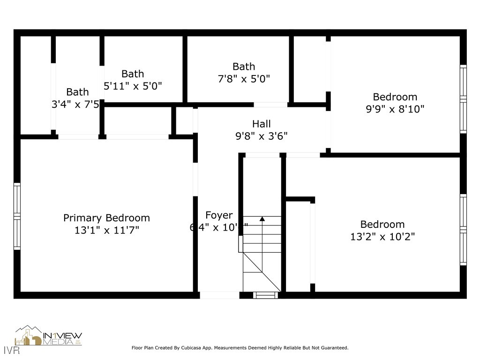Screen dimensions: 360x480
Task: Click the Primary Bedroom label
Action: [x=106, y=218]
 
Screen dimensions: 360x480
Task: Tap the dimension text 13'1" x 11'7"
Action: [x=106, y=230]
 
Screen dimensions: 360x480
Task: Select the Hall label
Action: [x=261, y=124]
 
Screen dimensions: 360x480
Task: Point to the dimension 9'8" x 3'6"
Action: [x=261, y=136]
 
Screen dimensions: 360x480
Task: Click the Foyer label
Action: [x=219, y=215]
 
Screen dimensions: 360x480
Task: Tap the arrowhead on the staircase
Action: [x=262, y=218]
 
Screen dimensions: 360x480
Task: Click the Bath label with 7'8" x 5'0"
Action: [x=244, y=67]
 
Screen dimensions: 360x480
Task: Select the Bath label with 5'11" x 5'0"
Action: [x=133, y=74]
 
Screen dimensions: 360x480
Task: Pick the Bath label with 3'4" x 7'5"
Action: [x=77, y=92]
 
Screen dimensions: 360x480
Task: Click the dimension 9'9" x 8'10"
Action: [x=395, y=109]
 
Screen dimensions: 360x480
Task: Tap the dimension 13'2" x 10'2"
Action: [x=382, y=236]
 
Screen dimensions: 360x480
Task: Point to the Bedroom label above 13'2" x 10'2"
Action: [x=382, y=224]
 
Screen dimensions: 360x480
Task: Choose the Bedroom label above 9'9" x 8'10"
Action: [x=395, y=97]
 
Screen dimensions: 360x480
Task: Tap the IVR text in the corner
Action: [x=7, y=350]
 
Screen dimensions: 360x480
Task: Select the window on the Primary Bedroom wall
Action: [x=17, y=216]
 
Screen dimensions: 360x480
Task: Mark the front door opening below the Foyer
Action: [x=219, y=295]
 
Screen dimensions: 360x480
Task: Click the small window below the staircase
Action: [x=265, y=295]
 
